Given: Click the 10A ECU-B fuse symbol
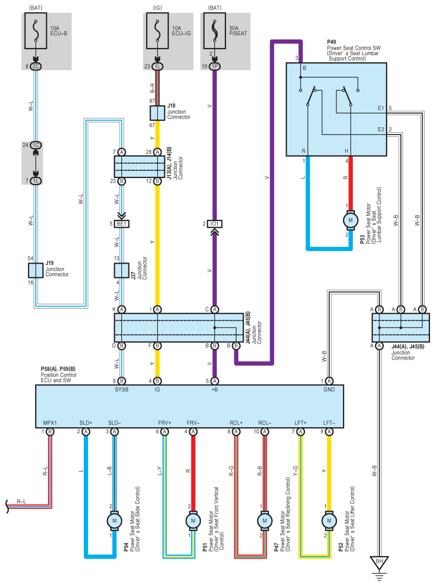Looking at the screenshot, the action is coord(36,31).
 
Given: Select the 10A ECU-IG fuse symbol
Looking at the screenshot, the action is coord(157,31).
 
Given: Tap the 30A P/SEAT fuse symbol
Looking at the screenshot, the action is coord(214,31).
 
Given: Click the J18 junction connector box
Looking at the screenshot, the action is coord(157,113).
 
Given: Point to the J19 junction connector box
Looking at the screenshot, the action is coord(36,270).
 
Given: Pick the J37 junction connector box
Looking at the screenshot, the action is coord(121,270).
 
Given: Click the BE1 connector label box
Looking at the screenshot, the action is coord(122,224).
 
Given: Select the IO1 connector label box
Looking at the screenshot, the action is coord(214,224).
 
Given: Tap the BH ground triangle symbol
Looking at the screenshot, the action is coord(379,562).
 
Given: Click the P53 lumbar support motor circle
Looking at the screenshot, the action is coord(351,220).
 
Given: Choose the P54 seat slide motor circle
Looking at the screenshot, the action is coord(114,520).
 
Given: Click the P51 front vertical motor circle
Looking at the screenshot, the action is coord(193,520).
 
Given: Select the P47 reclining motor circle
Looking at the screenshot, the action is coord(265,520).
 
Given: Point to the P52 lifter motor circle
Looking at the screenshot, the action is coord(329,520).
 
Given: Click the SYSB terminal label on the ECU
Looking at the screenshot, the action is coord(121,389).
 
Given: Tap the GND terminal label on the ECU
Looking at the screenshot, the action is coord(329,389).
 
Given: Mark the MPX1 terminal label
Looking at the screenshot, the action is coord(50,423).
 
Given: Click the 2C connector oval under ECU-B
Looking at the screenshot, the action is coord(35,67).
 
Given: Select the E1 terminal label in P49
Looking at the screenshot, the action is coord(381,108).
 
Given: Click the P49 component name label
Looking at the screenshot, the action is coord(331,42).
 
